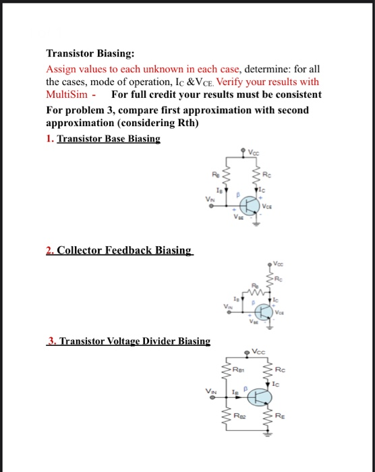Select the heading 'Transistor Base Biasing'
tap(109, 139)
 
